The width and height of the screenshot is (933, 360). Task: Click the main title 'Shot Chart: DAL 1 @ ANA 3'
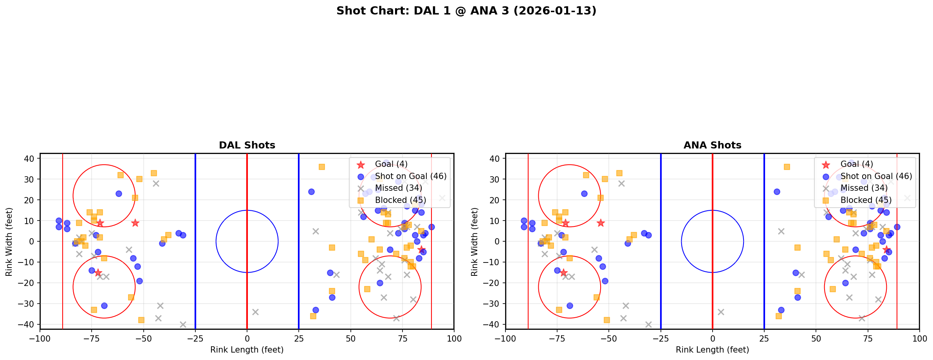click(466, 11)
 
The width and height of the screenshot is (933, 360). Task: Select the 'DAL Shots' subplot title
click(247, 145)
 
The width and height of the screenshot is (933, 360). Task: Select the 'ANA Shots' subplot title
click(712, 145)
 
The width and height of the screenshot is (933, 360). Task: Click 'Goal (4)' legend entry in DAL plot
click(391, 164)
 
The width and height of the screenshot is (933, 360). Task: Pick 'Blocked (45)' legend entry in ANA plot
click(866, 200)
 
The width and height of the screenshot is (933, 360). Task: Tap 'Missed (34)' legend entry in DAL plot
click(398, 188)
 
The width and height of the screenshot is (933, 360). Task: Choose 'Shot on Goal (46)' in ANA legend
click(876, 176)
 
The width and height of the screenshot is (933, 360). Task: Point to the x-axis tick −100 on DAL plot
click(40, 338)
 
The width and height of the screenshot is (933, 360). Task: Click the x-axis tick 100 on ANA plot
click(919, 338)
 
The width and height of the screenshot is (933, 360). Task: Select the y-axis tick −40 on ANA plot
click(494, 324)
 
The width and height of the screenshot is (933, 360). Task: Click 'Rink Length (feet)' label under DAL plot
click(247, 350)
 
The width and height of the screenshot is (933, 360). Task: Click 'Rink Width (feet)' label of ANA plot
click(475, 242)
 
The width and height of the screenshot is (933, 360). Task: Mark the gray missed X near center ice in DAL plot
click(255, 312)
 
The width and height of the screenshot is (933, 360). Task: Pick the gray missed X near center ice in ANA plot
click(721, 312)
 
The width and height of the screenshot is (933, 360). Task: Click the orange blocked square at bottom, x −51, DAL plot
click(141, 320)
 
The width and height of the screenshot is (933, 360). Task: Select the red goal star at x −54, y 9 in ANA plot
click(601, 223)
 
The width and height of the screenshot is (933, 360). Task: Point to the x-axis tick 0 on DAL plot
click(247, 338)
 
